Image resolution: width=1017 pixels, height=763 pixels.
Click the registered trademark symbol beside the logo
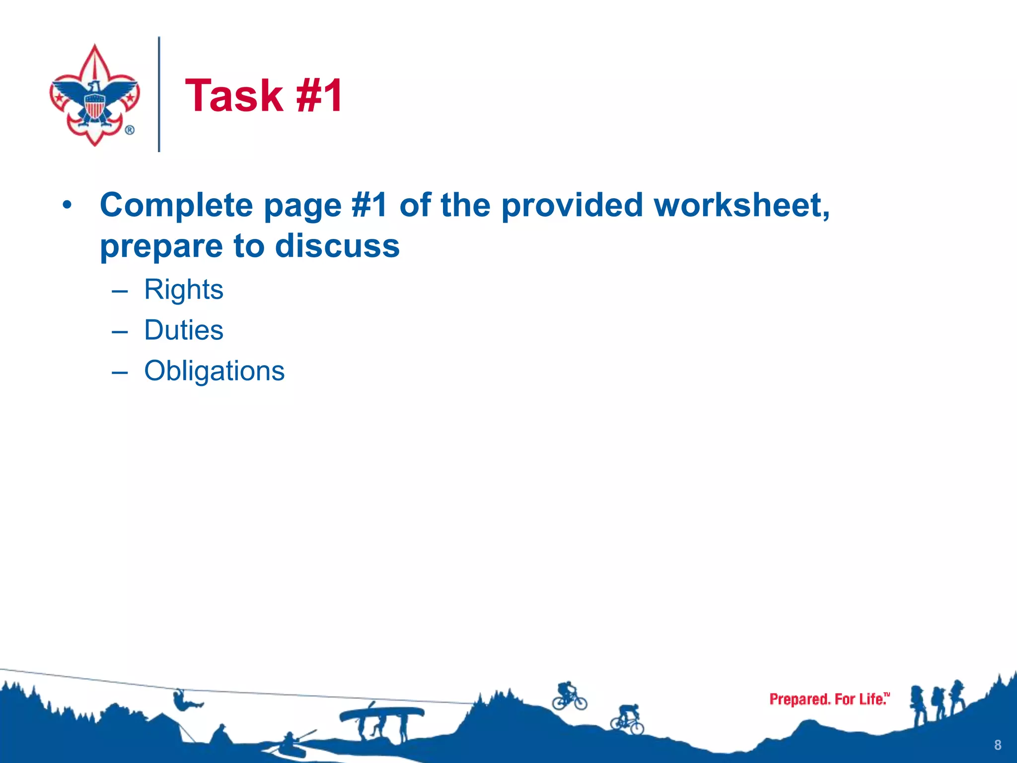[130, 130]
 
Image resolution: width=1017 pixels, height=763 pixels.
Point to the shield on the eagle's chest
[94, 106]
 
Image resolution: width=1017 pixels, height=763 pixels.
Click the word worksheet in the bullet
[741, 205]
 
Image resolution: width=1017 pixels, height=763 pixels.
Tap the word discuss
[337, 246]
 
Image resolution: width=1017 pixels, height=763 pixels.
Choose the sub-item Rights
[184, 290]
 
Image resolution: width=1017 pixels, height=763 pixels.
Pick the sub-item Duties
[184, 330]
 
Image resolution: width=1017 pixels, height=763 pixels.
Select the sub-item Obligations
[214, 371]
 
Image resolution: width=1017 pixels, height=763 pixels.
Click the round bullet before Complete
[68, 205]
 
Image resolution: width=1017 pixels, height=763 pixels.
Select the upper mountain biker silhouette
[569, 696]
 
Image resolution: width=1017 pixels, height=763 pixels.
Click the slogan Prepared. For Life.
[829, 699]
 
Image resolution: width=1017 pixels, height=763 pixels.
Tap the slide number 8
[998, 745]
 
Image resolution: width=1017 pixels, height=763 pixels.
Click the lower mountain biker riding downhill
[628, 719]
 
